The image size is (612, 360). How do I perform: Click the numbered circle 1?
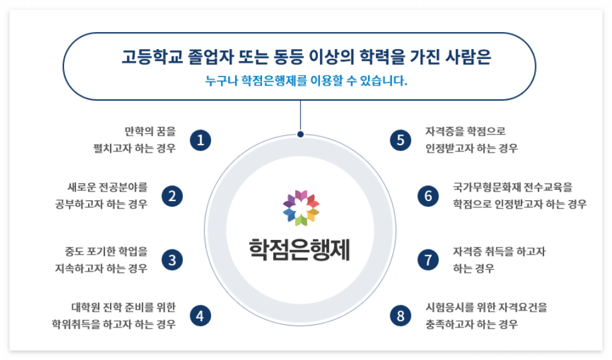click(x=200, y=140)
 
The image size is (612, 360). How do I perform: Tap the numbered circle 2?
click(x=172, y=196)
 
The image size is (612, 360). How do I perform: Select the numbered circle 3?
click(x=172, y=259)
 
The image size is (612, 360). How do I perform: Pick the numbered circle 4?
click(x=200, y=315)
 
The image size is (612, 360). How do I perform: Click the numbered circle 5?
click(x=400, y=140)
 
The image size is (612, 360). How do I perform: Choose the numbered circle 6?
click(x=429, y=196)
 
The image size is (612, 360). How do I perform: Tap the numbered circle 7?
click(x=429, y=259)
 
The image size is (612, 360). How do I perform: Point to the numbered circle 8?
click(x=400, y=315)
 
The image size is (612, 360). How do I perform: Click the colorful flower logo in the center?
click(x=300, y=207)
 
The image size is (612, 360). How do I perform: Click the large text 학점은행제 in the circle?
click(x=300, y=249)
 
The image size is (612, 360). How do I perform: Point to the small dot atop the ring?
click(x=300, y=134)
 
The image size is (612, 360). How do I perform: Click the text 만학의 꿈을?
click(x=151, y=132)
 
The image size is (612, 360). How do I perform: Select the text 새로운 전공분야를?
click(x=107, y=187)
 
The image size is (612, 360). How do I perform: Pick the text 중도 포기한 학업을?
click(x=106, y=251)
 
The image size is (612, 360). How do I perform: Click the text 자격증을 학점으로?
click(x=466, y=132)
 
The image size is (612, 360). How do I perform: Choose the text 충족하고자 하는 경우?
click(x=472, y=325)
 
